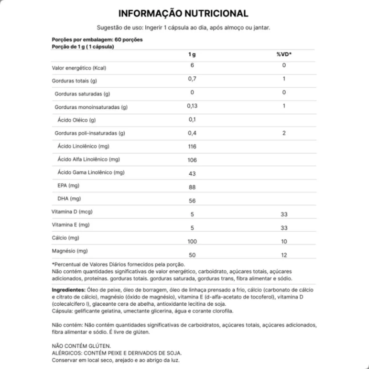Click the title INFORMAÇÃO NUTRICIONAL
pos(183,14)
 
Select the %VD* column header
pos(284,54)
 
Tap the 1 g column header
pos(192,54)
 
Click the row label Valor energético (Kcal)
pos(79,68)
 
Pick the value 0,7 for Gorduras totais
pos(192,79)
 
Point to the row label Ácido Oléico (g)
pos(77,120)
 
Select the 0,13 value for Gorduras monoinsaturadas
pos(192,106)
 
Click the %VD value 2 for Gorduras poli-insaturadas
pos(284,133)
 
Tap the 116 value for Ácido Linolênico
pos(192,147)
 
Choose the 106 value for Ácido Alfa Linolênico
pos(192,160)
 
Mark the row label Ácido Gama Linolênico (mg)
pos(91,173)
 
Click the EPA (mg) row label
pos(68,185)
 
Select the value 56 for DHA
pos(192,201)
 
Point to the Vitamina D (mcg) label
pos(72,212)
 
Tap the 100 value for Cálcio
pos(192,242)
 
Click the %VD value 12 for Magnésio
pos(284,255)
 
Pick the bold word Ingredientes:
pos(69,290)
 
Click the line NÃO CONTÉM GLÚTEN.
pos(81,346)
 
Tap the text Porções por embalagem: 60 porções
pos(97,40)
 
